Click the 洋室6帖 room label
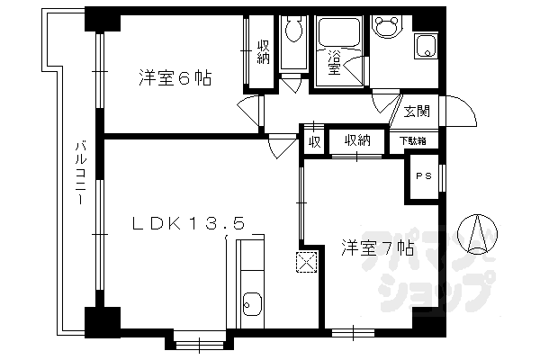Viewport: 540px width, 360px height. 175,78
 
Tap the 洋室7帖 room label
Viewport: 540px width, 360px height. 377,247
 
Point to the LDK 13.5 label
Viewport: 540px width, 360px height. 189,224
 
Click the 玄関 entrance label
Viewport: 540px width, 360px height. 416,112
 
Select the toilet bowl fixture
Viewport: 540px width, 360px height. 292,32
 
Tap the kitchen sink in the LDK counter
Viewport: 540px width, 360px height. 251,307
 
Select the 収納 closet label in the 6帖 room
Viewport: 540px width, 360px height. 263,53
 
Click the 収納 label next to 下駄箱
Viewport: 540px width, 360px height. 356,140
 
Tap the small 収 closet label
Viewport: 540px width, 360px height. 314,141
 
